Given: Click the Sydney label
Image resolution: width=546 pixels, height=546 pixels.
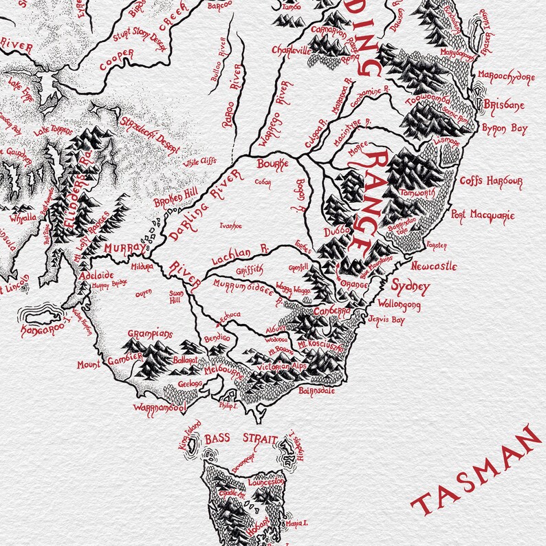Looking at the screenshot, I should (x=411, y=286).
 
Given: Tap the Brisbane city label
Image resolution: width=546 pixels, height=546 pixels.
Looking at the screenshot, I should (x=505, y=105).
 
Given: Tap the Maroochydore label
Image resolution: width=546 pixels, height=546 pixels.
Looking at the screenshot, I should (x=505, y=76).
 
